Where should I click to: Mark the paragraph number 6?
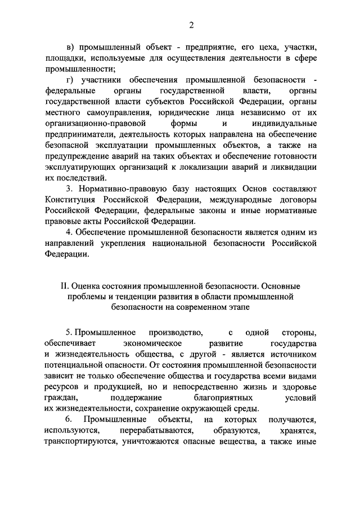point(69,420)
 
